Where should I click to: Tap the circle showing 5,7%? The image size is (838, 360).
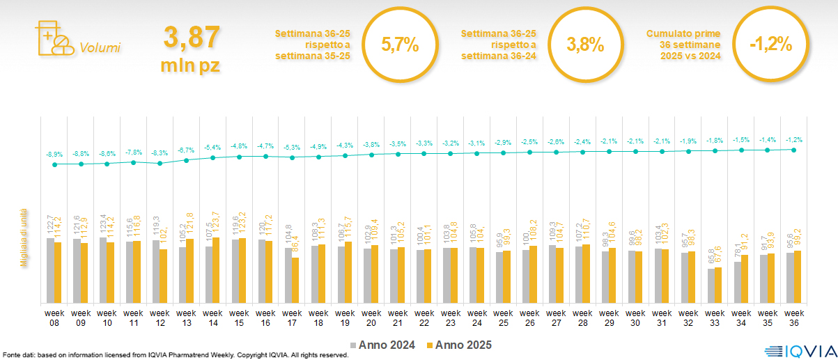(x=400, y=45)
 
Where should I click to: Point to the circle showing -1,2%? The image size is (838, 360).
(x=770, y=45)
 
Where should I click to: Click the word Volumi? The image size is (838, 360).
(x=100, y=48)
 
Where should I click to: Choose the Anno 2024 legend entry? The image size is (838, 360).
(x=384, y=345)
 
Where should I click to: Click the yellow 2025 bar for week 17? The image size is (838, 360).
(x=295, y=280)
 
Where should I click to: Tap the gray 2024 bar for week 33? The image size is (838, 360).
(x=711, y=285)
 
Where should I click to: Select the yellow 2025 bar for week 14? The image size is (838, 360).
(x=216, y=270)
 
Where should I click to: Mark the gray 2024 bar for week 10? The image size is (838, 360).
(x=102, y=270)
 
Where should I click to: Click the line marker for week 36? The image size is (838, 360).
(x=794, y=149)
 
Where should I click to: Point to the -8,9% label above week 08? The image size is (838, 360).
(x=54, y=154)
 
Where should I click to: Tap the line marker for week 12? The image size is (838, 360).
(x=160, y=164)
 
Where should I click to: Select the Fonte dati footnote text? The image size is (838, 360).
(x=174, y=355)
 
